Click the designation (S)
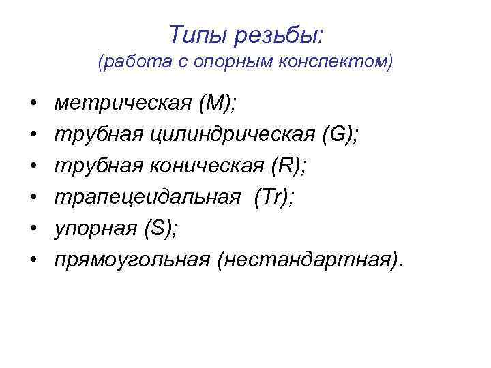point(161,228)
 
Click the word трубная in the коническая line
point(96,166)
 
